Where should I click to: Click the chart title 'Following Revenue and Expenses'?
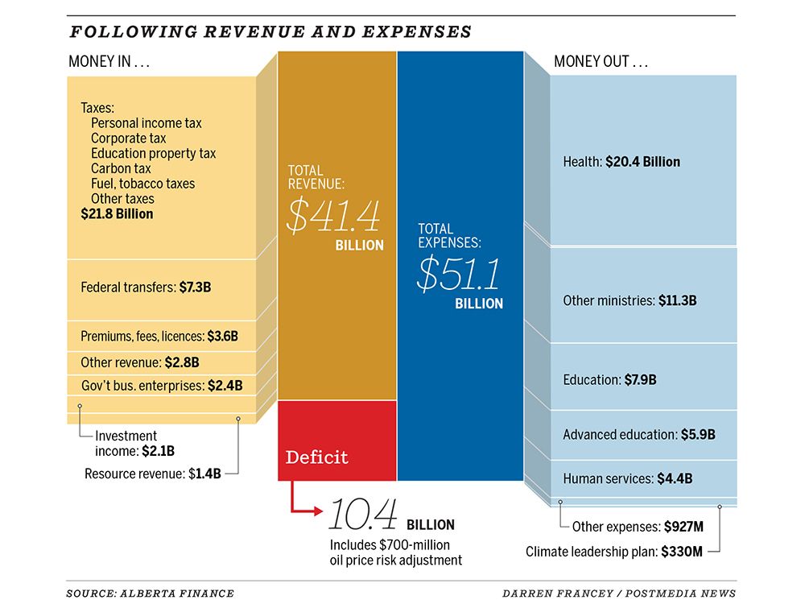click(270, 32)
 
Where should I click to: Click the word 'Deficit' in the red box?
click(317, 457)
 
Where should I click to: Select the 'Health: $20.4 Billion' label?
click(621, 162)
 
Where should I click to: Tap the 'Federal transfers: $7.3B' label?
click(149, 287)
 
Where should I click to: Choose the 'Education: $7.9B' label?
click(609, 379)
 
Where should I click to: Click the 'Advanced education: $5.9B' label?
click(638, 435)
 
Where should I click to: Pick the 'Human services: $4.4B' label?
click(627, 478)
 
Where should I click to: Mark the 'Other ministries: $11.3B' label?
click(630, 300)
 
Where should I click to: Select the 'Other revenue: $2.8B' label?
click(139, 362)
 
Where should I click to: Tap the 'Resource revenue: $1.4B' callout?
click(152, 474)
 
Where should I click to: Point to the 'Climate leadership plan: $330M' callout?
click(614, 552)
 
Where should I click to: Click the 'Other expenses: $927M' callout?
click(638, 527)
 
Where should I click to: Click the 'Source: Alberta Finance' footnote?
click(150, 594)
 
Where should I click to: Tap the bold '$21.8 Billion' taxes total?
click(117, 214)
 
